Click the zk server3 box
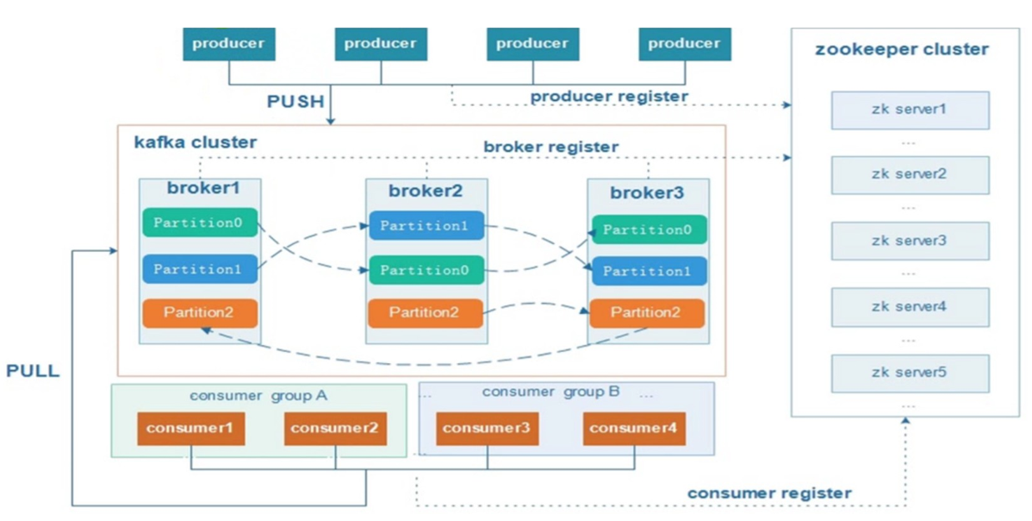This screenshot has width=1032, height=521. tap(909, 241)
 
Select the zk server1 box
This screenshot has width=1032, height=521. tap(909, 110)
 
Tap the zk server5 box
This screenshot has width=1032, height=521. tap(909, 373)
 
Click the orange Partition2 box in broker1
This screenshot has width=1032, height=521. tap(200, 312)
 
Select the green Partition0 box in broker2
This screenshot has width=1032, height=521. tap(426, 270)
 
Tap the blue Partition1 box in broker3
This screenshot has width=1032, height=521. tap(647, 271)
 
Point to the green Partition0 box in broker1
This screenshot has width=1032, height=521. tap(200, 223)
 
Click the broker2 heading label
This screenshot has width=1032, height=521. tap(426, 191)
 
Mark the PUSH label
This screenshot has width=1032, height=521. tap(295, 102)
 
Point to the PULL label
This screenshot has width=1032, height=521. tap(33, 372)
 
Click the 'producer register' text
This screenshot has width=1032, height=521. tap(609, 97)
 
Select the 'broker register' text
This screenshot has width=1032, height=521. tap(550, 147)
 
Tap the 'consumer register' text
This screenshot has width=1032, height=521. tap(769, 493)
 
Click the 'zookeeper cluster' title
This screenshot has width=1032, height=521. tap(902, 49)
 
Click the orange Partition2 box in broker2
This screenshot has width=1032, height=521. tap(426, 312)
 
